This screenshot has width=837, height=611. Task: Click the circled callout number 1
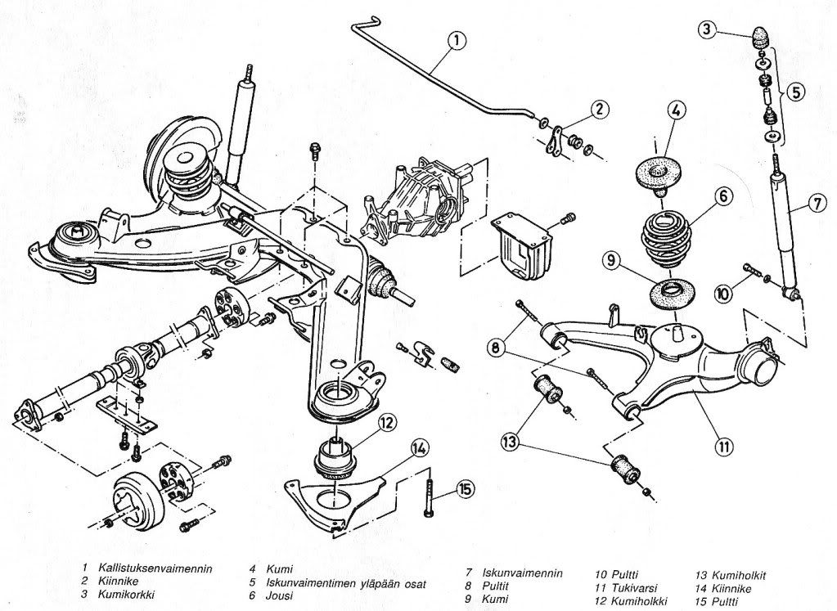coord(456,39)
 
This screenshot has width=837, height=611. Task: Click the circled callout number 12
coord(387,423)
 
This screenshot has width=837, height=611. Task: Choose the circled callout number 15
coord(465,490)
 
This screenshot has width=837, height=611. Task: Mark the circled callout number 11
coord(722,447)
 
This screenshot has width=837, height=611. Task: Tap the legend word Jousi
coord(279,595)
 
